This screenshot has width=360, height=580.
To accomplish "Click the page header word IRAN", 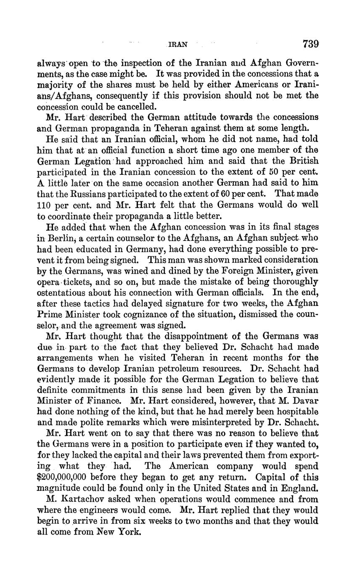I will [x=177, y=44].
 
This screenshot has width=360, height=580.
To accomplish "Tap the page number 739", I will [x=310, y=44].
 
